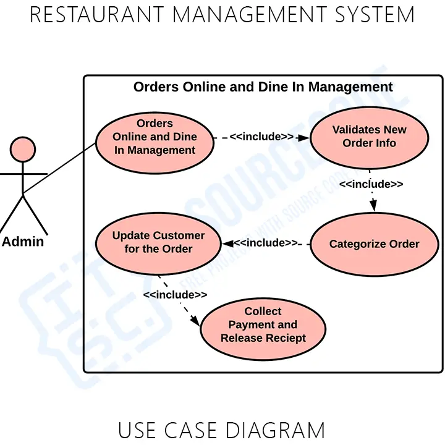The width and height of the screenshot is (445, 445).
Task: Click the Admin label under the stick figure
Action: [x=23, y=242]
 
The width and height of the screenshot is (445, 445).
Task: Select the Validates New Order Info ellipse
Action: [x=369, y=137]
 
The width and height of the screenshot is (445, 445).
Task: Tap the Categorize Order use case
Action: [x=374, y=244]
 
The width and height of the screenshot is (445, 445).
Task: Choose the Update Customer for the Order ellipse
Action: [x=158, y=242]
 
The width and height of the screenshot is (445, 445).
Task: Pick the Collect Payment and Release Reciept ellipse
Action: [x=263, y=325]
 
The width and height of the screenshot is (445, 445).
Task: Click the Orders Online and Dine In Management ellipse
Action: [x=155, y=137]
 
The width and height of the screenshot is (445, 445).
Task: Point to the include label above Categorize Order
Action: [x=371, y=184]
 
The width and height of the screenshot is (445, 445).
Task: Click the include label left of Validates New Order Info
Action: [x=261, y=137]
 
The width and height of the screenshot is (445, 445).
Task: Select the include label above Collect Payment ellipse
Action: [x=175, y=295]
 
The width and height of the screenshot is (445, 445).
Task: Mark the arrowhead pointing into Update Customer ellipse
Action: [x=227, y=243]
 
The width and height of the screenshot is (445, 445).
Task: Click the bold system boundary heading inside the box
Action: [x=263, y=87]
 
